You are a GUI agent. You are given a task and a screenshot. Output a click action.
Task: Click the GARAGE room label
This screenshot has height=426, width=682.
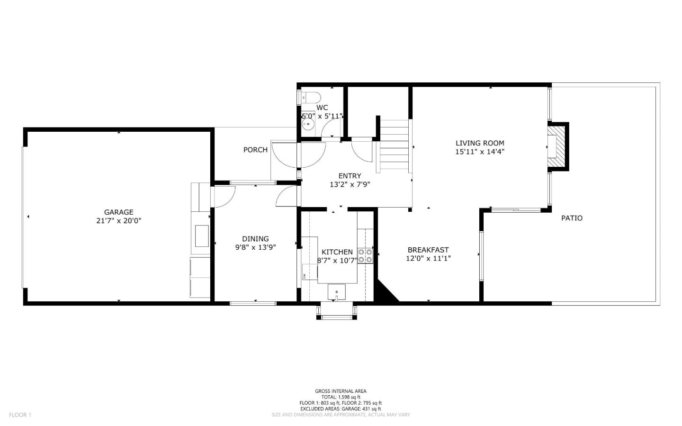click(x=118, y=212)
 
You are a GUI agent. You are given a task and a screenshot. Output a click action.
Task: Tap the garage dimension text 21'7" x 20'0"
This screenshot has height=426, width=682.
click(x=118, y=220)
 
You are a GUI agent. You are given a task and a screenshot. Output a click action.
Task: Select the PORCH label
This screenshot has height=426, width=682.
click(x=255, y=150)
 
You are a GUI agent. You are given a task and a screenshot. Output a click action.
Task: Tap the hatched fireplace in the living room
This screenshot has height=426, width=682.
click(x=557, y=145)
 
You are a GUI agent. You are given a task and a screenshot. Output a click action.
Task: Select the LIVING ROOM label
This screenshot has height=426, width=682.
click(x=480, y=143)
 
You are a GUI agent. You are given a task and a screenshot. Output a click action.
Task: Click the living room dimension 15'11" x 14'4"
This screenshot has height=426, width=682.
click(x=480, y=152)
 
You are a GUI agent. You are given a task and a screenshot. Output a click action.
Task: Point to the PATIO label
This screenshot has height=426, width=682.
click(x=572, y=218)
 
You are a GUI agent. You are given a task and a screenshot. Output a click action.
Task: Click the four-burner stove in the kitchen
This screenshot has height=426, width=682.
click(x=365, y=256)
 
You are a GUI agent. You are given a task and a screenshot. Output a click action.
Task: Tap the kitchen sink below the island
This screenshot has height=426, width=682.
click(x=336, y=291)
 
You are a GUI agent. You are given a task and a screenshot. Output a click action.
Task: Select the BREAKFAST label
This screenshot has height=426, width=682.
click(x=428, y=250)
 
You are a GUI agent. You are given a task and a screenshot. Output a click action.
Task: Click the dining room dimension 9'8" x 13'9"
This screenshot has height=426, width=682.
click(x=255, y=247)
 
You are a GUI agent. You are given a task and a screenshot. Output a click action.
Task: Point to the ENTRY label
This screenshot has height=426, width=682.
click(x=350, y=176)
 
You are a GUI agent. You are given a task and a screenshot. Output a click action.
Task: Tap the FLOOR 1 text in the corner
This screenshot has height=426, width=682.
click(x=20, y=415)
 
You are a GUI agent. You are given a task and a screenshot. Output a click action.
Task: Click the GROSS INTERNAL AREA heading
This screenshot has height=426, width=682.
click(x=341, y=391)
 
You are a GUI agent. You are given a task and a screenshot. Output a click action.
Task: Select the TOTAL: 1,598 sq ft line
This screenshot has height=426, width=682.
click(x=341, y=397)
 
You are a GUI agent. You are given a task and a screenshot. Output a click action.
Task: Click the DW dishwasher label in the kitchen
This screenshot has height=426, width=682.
click(x=304, y=275)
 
